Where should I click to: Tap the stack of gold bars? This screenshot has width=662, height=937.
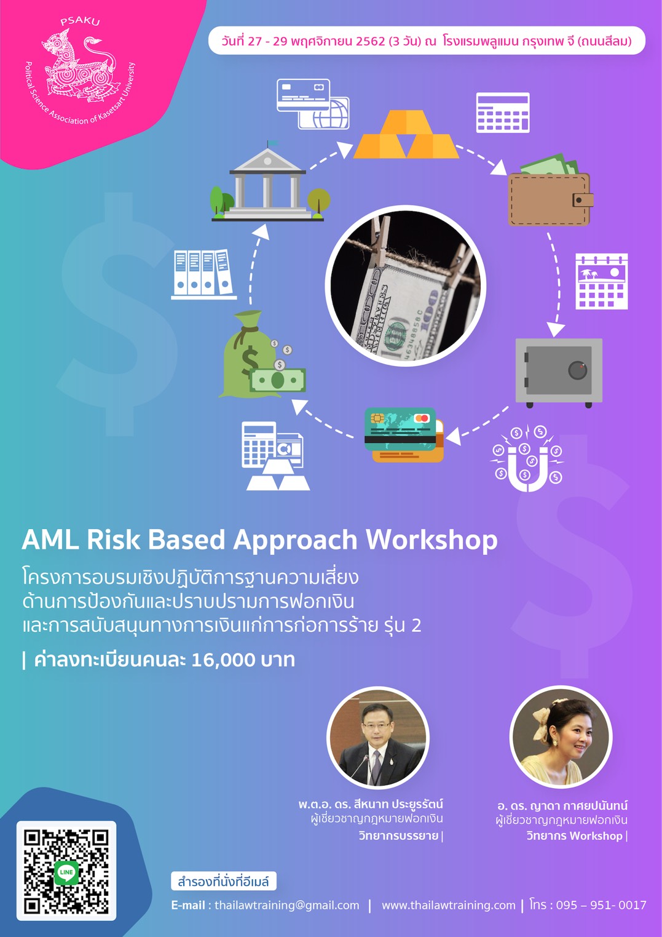[x=406, y=134]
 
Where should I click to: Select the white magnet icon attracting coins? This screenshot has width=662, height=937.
[x=527, y=458]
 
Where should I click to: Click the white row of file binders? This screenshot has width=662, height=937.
[x=203, y=274]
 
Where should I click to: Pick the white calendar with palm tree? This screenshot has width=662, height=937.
[x=601, y=282]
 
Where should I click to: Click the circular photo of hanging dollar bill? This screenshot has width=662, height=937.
[x=406, y=285]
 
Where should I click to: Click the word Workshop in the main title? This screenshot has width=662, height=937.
[x=431, y=540]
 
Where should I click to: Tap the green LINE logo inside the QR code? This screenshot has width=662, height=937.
[x=66, y=872]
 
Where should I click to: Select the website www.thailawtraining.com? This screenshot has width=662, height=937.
[x=449, y=905]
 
